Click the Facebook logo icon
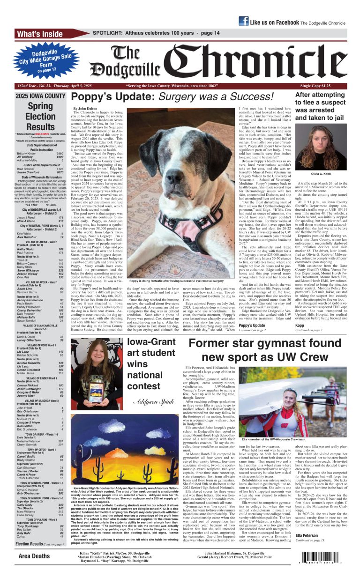(243, 21)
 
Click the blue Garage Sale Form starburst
(42, 60)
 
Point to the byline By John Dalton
(85, 108)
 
